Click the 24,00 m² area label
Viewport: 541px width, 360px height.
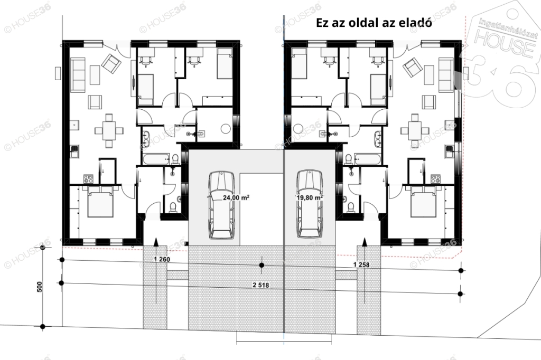(236, 197)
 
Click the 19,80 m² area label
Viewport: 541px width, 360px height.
(309, 197)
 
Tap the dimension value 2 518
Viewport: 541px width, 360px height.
(261, 285)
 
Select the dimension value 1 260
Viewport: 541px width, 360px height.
(162, 259)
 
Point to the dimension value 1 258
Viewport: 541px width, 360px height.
(361, 265)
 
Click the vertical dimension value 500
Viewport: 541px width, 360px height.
(39, 287)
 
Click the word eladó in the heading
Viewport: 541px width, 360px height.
(416, 23)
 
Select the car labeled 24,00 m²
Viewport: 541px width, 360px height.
(221, 205)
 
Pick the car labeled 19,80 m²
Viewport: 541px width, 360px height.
(310, 204)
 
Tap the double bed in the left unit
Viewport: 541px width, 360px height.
(100, 202)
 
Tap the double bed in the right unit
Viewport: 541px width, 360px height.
(424, 202)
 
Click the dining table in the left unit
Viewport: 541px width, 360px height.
(109, 131)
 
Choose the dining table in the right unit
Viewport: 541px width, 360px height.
(414, 131)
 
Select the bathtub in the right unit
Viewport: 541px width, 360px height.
(368, 159)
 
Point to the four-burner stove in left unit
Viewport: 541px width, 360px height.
(88, 179)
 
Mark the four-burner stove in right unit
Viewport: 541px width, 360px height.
(435, 179)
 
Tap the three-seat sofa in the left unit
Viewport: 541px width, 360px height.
(78, 75)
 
